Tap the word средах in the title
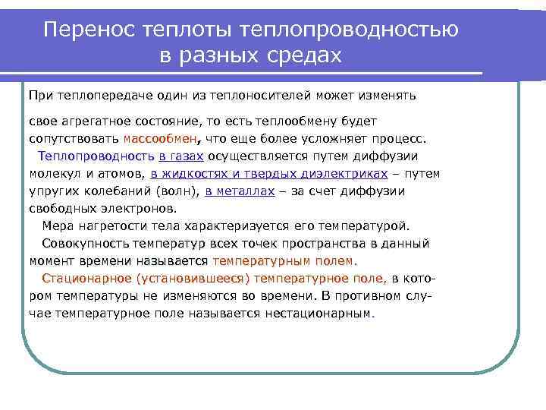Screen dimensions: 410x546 [302, 56]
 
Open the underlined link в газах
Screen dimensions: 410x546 [181, 156]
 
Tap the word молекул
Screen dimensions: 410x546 [55, 174]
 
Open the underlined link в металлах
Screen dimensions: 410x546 [240, 191]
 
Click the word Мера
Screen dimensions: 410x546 [57, 226]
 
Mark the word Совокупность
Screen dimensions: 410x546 [85, 244]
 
